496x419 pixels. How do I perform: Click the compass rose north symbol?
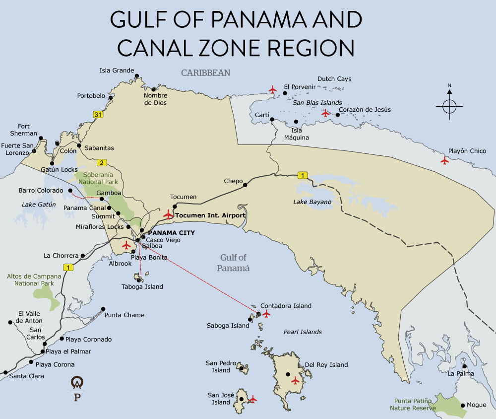tap(449, 106)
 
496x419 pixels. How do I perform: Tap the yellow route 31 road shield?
tap(98, 115)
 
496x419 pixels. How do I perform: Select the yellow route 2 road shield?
tap(101, 162)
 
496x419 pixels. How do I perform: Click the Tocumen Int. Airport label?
tap(210, 216)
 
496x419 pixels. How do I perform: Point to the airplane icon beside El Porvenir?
tap(272, 89)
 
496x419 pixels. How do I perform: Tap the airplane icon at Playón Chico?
tap(444, 160)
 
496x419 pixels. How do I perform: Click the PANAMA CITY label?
tap(172, 232)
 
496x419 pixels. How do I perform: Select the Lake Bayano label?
tap(312, 202)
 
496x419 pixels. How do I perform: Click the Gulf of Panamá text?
tap(233, 263)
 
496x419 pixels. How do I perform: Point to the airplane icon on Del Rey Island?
tap(296, 381)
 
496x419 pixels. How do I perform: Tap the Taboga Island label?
tap(142, 286)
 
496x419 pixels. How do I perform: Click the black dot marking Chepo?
tap(245, 186)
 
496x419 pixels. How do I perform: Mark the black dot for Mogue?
tap(463, 405)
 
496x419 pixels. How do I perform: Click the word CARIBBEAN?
tap(205, 73)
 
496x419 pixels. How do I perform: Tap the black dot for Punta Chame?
tap(103, 308)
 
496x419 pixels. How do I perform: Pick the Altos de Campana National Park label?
tap(34, 279)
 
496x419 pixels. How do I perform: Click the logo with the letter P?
tap(77, 389)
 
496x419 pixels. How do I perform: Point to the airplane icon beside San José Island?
tap(253, 399)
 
